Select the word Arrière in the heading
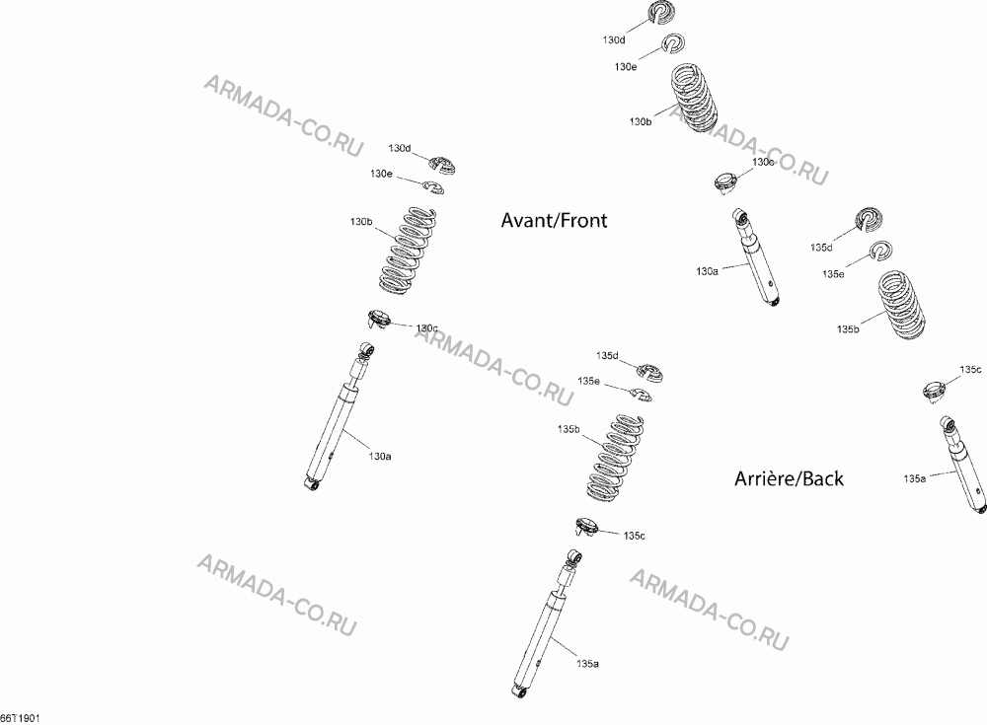tap(764, 479)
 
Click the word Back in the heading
tap(823, 479)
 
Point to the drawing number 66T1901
tap(20, 718)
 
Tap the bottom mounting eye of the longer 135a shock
tap(519, 692)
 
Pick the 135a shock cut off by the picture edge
tap(963, 463)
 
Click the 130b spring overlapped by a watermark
tap(693, 97)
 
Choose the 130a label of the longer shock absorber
tap(380, 457)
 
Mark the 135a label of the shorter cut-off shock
tap(915, 479)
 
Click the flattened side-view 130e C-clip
tap(433, 186)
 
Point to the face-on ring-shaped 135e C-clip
tap(881, 252)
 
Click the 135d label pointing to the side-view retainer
tap(607, 356)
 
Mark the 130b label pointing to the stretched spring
tap(361, 222)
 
